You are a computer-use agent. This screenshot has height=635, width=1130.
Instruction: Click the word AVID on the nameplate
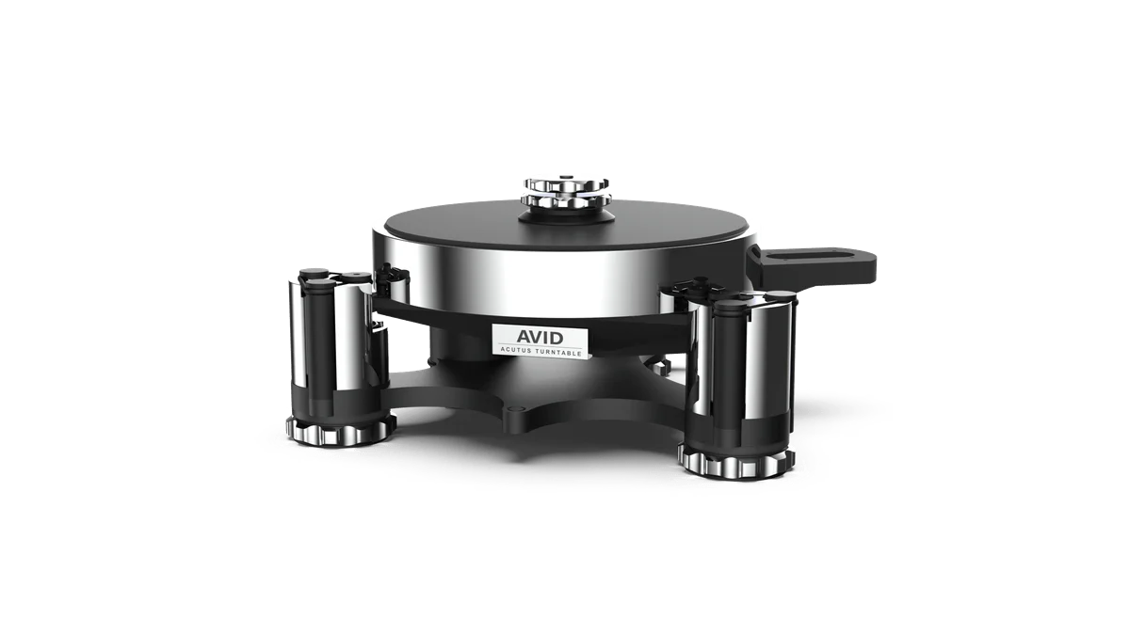click(x=540, y=335)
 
